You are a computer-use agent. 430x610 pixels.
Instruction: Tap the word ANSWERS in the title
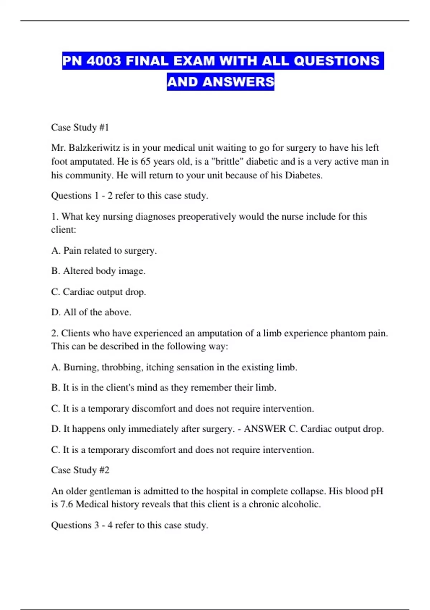[x=238, y=82]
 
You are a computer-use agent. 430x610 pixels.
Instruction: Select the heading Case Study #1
[x=80, y=127]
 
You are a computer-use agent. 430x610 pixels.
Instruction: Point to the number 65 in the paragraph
[x=145, y=161]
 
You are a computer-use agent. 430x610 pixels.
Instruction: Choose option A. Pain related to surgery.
[x=104, y=250]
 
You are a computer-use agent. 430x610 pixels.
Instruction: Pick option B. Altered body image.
[x=98, y=271]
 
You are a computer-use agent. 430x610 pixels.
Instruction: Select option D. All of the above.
[x=91, y=312]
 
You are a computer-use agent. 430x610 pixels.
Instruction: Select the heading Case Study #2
[x=80, y=470]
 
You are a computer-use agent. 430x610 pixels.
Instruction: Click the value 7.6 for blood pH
[x=66, y=505]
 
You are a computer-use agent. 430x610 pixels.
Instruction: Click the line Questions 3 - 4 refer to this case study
[x=129, y=525]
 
